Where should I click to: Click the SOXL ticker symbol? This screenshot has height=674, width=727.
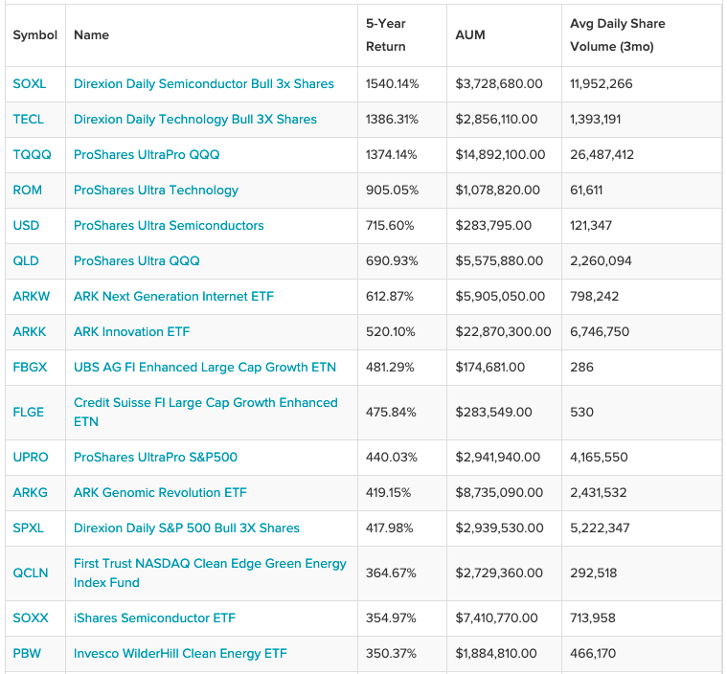pos(29,84)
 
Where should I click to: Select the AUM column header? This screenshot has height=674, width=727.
pos(470,35)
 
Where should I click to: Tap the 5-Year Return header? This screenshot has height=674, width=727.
pos(386,35)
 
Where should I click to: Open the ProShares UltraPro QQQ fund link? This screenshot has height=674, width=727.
pos(147,155)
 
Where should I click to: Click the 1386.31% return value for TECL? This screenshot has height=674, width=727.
pos(392,120)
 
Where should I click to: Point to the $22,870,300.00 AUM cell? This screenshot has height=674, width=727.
pos(503,332)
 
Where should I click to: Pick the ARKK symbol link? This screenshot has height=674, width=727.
pos(29,332)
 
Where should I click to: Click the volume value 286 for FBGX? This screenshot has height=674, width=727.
pos(581,367)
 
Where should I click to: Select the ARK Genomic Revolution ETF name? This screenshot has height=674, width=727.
pos(160,492)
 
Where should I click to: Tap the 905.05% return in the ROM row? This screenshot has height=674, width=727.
pos(392,191)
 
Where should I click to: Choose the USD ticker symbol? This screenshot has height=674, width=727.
pos(26,226)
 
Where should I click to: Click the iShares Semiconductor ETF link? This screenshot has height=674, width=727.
pos(154,618)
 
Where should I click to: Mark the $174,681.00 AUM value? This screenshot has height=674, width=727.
pos(490,367)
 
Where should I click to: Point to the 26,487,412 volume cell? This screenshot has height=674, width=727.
pos(602,155)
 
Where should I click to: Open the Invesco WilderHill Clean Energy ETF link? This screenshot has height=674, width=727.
pos(180,654)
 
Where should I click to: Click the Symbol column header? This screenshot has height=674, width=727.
pos(35,35)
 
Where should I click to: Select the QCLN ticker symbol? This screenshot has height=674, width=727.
pos(31,573)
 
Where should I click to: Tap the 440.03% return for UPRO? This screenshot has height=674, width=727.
pos(392,457)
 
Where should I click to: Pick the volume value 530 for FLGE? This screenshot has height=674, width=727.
pos(581,412)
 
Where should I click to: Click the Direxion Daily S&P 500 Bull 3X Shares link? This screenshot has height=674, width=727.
pos(187,528)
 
